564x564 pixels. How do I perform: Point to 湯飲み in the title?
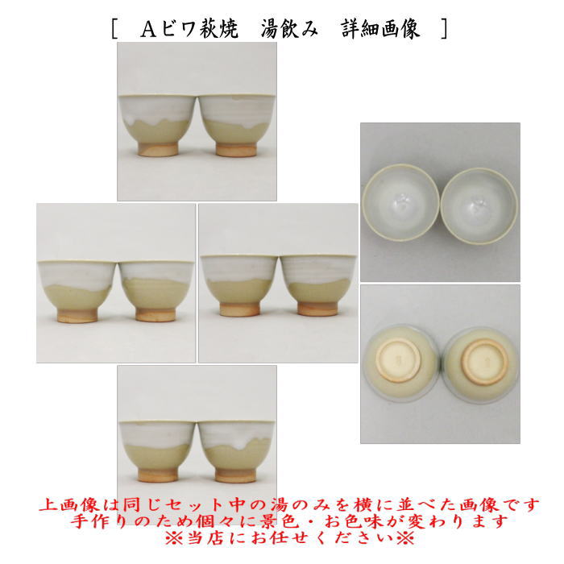coord(288,30)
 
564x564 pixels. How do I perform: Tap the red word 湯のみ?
coord(278,505)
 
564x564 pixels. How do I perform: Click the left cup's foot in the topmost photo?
coord(157,149)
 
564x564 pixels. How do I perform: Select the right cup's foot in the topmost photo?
coord(237,149)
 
